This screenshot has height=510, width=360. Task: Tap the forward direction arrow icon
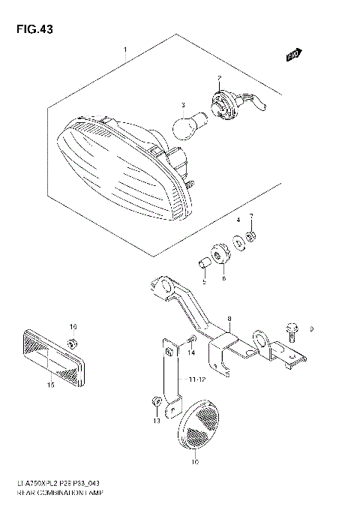tap(293, 54)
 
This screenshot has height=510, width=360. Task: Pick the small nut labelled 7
tap(253, 238)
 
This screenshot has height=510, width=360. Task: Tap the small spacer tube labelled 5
tap(202, 263)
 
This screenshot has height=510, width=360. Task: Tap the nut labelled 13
tap(154, 403)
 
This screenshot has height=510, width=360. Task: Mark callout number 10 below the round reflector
tap(195, 463)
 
